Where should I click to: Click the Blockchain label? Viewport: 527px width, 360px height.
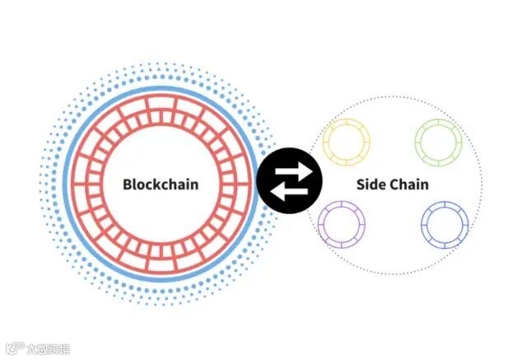[x=161, y=184]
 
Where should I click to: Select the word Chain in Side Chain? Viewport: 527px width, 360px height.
[x=408, y=184]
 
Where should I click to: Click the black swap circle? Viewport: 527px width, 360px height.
[x=289, y=180]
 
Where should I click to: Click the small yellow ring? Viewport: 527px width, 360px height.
[x=347, y=141]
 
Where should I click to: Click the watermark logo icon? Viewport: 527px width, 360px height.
[x=13, y=348]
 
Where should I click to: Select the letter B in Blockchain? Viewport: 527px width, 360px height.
[x=128, y=184]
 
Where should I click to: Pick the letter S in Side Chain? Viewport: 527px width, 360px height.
[x=361, y=184]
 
